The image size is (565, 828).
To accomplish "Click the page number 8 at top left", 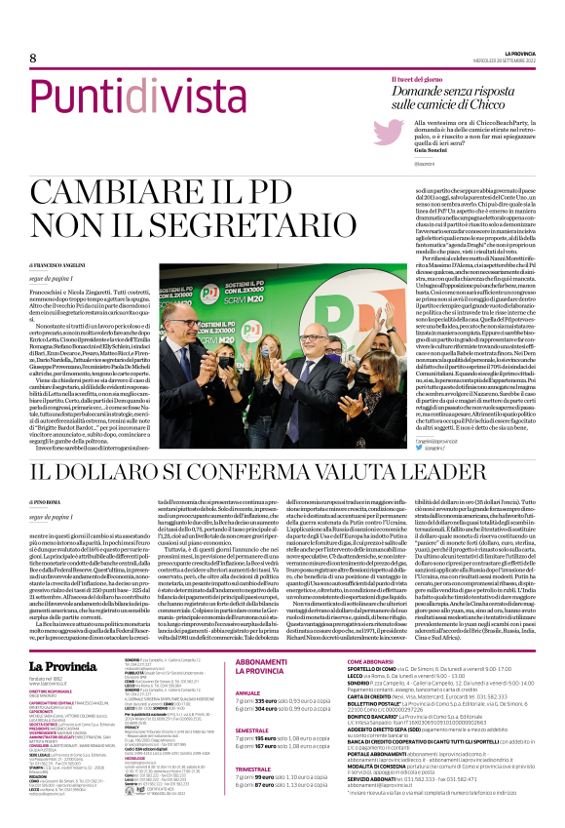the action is [x=32, y=58].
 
